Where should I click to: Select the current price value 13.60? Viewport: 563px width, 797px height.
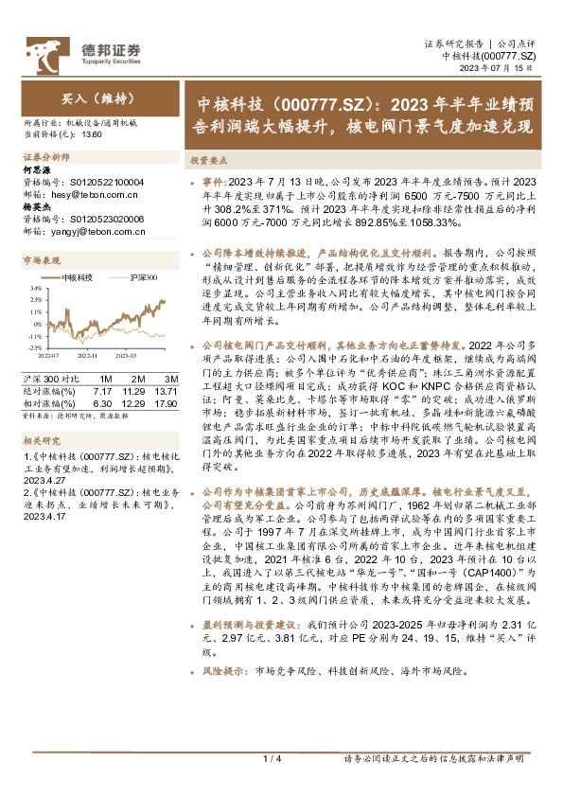click(x=92, y=134)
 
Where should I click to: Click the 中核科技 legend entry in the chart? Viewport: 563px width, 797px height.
click(x=76, y=276)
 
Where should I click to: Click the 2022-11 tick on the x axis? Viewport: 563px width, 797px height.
click(x=87, y=356)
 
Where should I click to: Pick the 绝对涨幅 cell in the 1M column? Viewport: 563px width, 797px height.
click(x=102, y=390)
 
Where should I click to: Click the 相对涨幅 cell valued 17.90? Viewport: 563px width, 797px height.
click(x=165, y=402)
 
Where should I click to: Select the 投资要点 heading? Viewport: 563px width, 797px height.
click(x=206, y=162)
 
